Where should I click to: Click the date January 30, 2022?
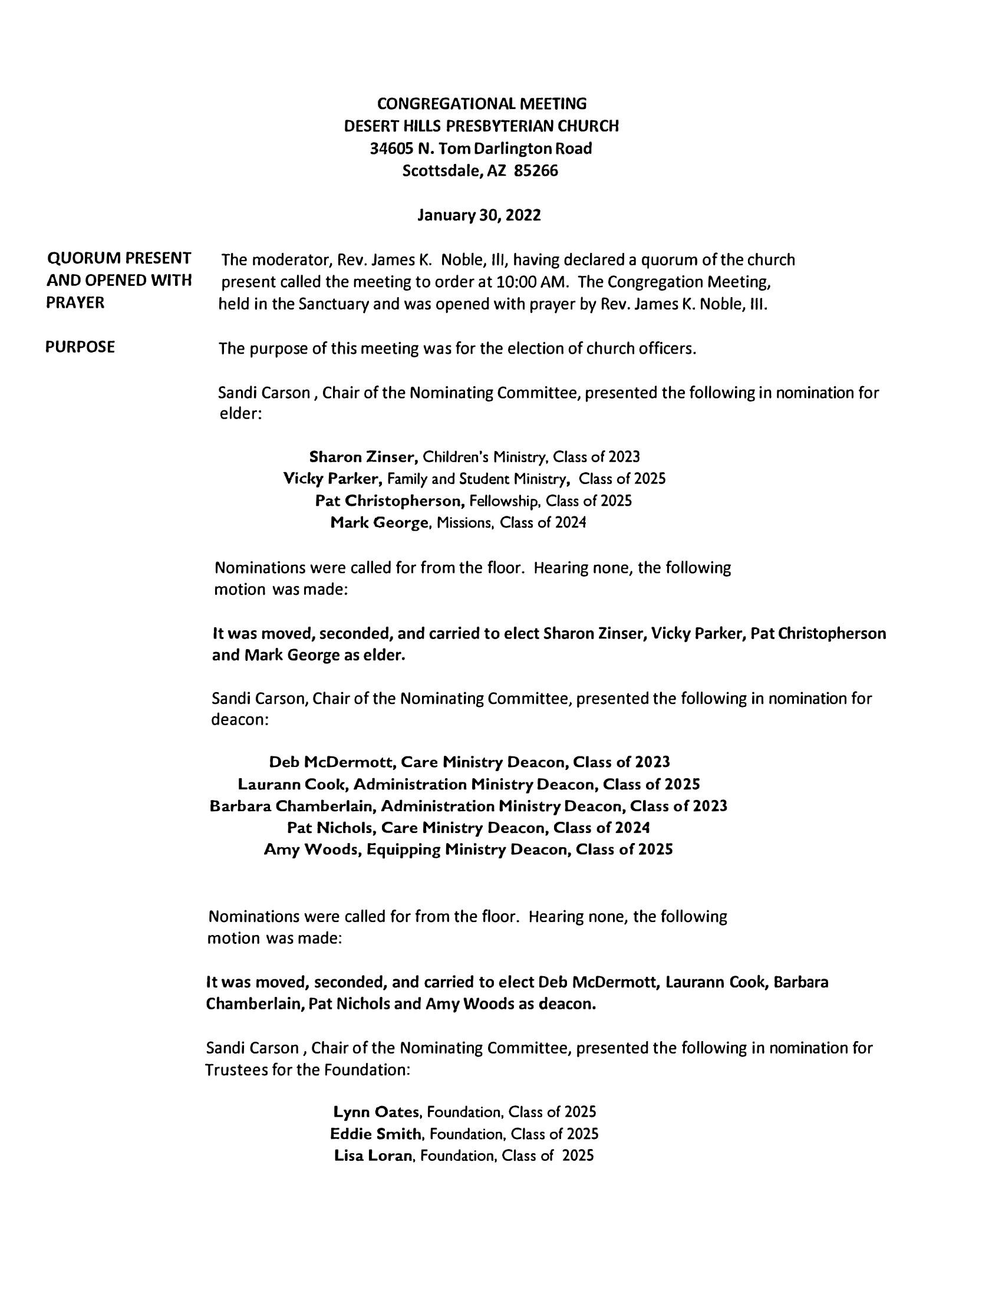coord(479,215)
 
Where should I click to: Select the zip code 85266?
coord(536,171)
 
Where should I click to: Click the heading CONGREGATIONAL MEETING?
coord(482,104)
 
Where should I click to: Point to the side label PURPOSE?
coord(80,347)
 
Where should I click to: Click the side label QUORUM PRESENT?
coord(119,258)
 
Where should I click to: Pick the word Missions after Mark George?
coord(466,522)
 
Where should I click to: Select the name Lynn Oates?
coord(377,1112)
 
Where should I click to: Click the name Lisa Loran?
coord(373,1156)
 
